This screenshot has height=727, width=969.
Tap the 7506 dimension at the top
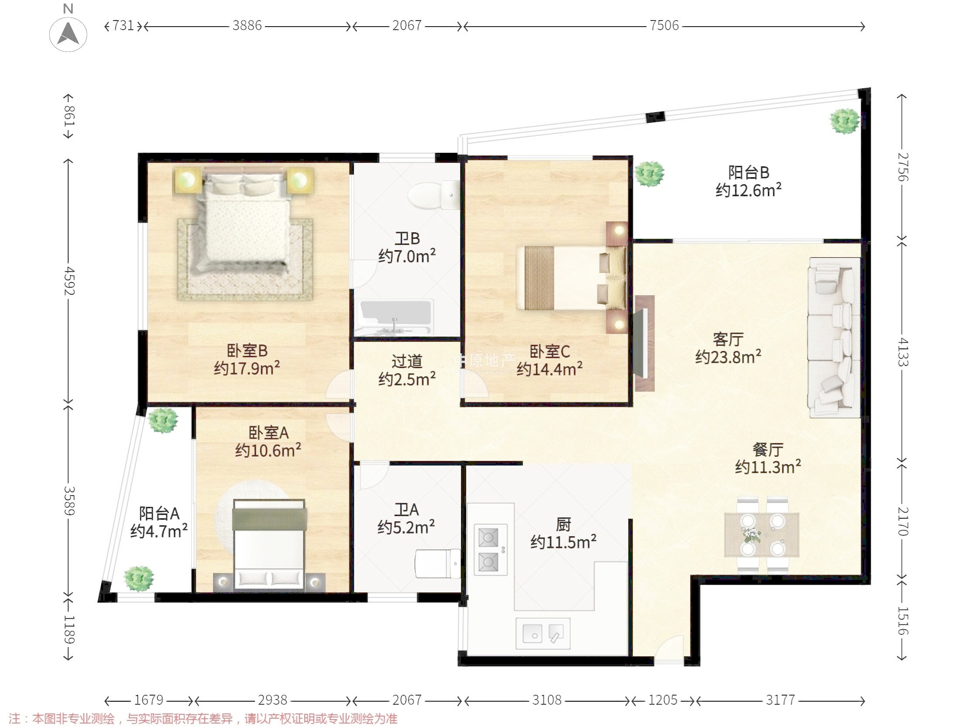pyautogui.click(x=664, y=25)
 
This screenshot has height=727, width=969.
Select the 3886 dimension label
pyautogui.click(x=247, y=25)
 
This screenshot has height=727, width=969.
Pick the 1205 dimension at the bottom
pyautogui.click(x=663, y=700)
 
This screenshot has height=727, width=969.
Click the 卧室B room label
pyautogui.click(x=247, y=351)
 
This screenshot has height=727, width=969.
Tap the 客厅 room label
pyautogui.click(x=728, y=339)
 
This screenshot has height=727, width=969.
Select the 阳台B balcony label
pyautogui.click(x=749, y=172)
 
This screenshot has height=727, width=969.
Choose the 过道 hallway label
pyautogui.click(x=407, y=362)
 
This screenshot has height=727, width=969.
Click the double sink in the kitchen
pyautogui.click(x=543, y=633)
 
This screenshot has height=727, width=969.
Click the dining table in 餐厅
pyautogui.click(x=762, y=534)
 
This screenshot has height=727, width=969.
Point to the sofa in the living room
pyautogui.click(x=834, y=338)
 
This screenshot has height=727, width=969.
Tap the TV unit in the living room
pyautogui.click(x=644, y=343)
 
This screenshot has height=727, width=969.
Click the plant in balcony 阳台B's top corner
pyautogui.click(x=845, y=121)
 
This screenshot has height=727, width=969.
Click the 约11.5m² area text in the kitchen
pyautogui.click(x=564, y=542)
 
